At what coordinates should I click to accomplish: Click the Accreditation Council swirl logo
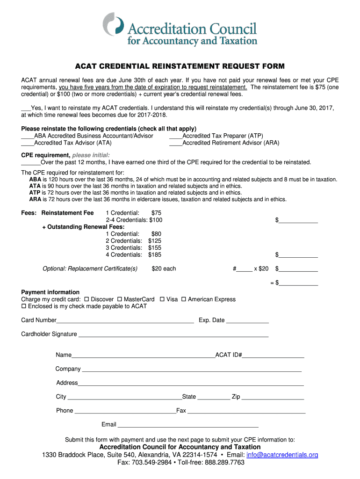[x=114, y=25]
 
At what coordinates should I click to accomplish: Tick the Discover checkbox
[x=86, y=299]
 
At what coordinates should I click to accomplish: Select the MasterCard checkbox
[x=120, y=299]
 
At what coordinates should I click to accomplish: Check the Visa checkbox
[x=162, y=299]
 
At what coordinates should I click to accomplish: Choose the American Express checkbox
[x=184, y=299]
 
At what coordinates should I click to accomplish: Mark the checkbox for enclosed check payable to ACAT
[x=24, y=306]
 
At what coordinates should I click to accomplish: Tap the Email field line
[x=187, y=426]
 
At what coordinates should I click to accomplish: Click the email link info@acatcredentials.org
[x=282, y=455]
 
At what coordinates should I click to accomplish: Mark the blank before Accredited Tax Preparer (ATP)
[x=175, y=136]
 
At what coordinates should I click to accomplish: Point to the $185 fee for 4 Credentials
[x=155, y=255]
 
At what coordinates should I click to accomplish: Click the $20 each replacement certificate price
[x=164, y=269]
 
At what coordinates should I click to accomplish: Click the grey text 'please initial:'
[x=91, y=155]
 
